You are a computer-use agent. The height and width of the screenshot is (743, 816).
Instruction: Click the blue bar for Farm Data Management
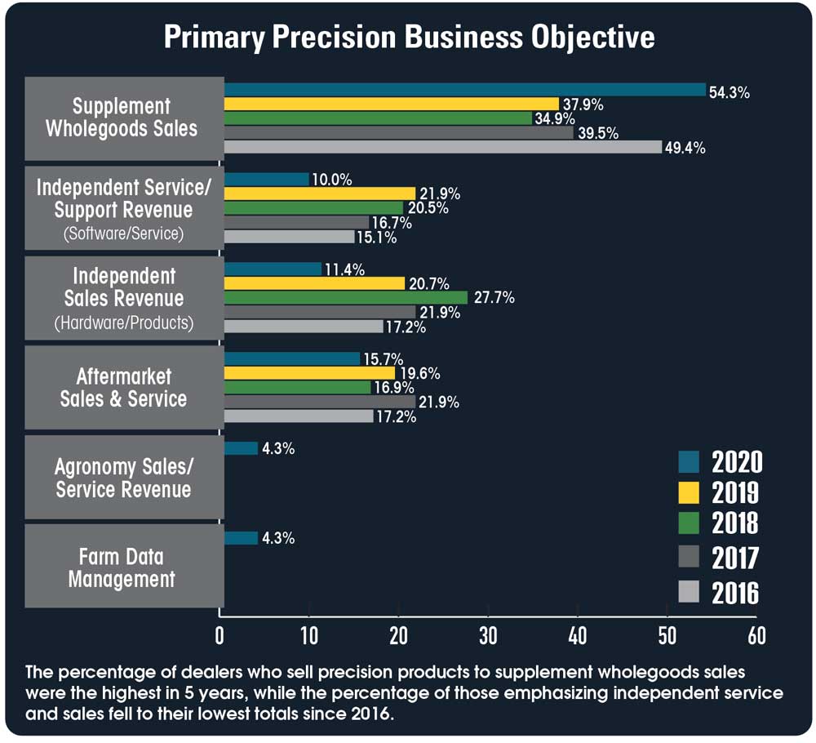click(x=240, y=538)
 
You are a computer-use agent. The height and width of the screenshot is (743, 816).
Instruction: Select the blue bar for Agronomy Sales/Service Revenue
click(x=240, y=448)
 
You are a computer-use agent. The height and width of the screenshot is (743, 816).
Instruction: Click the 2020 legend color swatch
click(x=690, y=462)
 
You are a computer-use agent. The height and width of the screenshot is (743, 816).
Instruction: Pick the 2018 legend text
click(x=735, y=523)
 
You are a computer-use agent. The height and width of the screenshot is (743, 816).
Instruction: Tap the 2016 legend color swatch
click(x=690, y=592)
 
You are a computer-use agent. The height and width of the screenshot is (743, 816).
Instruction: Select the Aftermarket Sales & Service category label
click(x=124, y=388)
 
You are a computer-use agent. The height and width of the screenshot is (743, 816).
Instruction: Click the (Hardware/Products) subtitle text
click(x=124, y=323)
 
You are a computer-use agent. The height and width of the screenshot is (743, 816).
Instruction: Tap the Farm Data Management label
click(x=122, y=568)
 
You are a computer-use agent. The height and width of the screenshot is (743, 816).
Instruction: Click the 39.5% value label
click(x=598, y=133)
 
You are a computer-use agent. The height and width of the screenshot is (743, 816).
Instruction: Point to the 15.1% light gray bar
click(x=289, y=237)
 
